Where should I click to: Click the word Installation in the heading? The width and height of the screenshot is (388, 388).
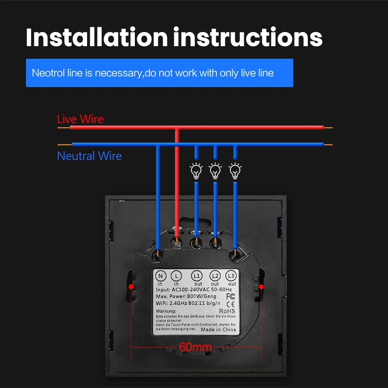(96, 37)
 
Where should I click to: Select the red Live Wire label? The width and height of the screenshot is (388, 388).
(80, 119)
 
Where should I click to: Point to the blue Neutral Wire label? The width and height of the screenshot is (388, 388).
(89, 156)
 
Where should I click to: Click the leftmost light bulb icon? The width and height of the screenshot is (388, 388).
(196, 171)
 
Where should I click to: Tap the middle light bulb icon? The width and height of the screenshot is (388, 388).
(215, 171)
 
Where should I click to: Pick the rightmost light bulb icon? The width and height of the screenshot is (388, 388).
(235, 171)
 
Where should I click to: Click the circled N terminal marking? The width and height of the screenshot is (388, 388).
(161, 276)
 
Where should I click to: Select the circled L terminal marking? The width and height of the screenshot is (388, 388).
(177, 276)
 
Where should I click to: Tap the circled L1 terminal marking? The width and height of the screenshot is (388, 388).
(197, 276)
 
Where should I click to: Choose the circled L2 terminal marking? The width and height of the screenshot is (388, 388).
(215, 276)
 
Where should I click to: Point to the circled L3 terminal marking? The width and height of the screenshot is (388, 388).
(231, 276)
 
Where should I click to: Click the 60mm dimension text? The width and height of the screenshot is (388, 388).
(195, 347)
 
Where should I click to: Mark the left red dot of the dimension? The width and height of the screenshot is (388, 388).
(131, 287)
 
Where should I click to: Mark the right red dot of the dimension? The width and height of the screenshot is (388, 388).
(261, 287)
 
